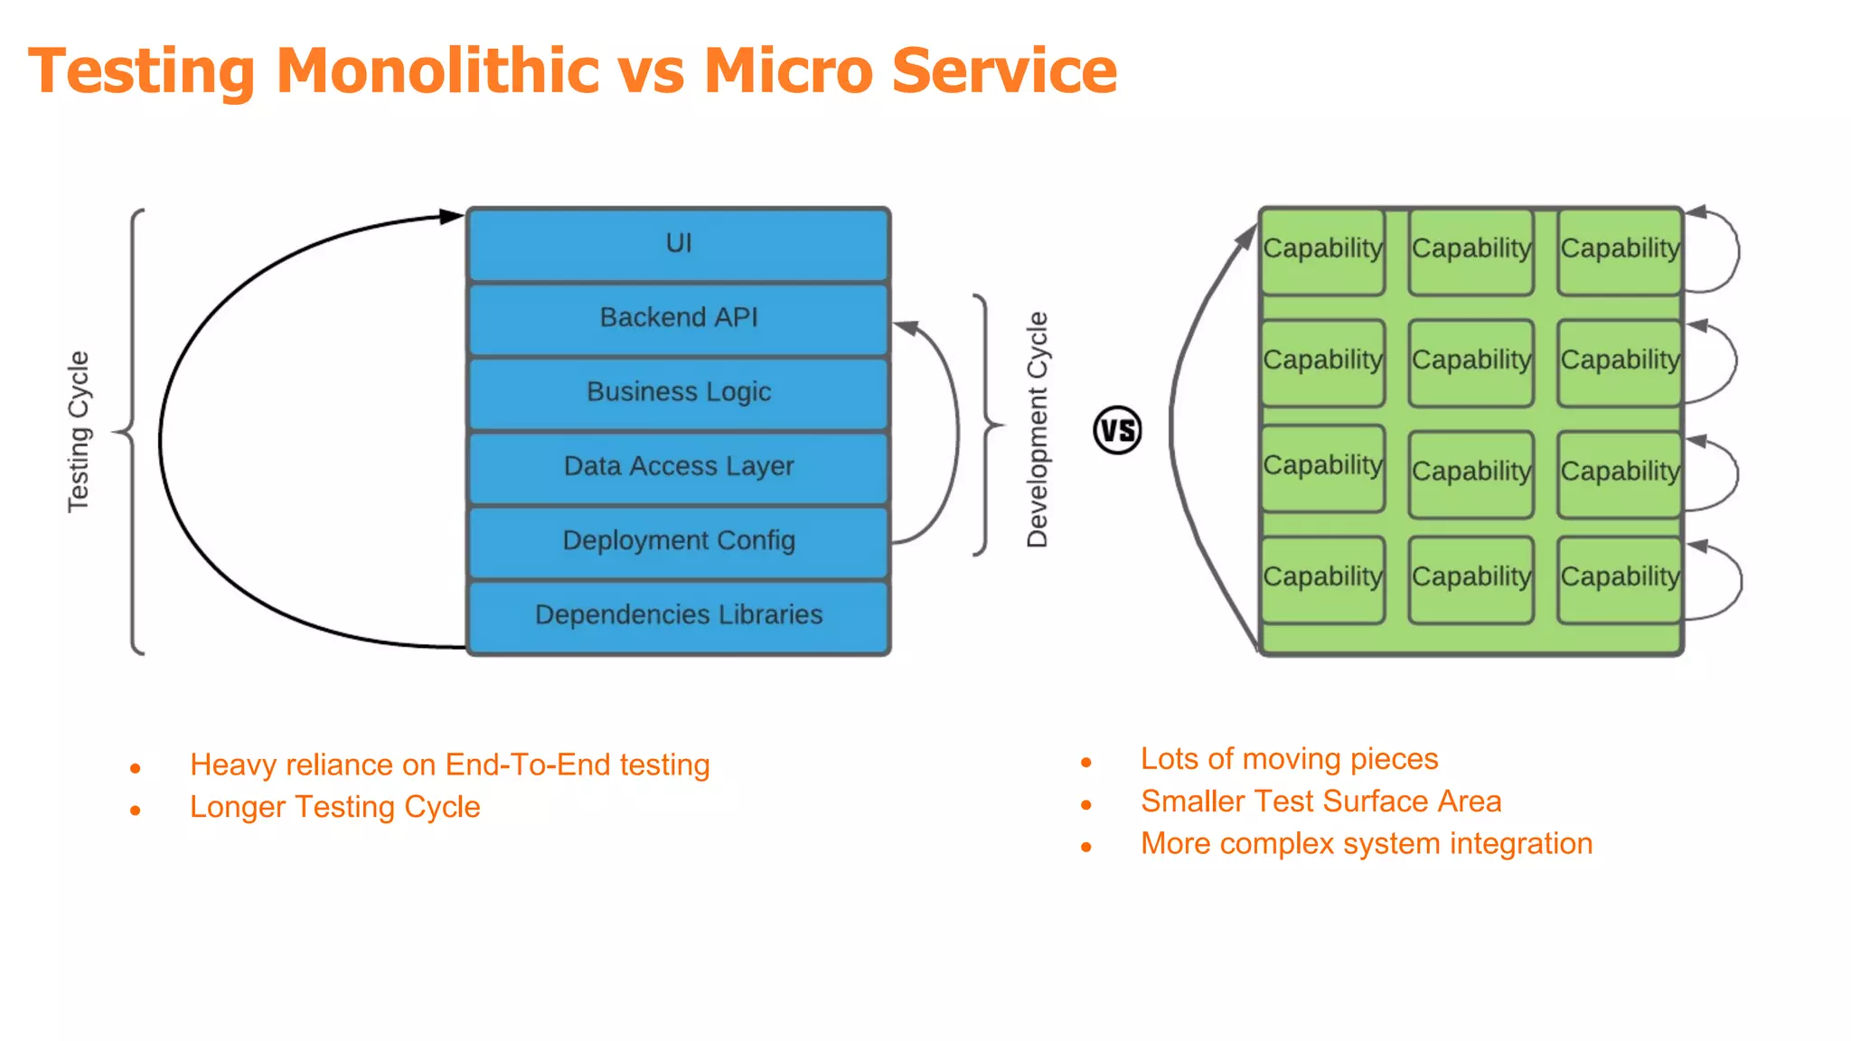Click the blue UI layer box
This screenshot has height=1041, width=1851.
tap(678, 244)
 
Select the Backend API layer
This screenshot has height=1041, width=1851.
tap(678, 318)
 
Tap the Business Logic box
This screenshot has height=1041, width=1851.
tap(678, 392)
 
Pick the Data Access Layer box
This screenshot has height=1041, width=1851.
tap(678, 466)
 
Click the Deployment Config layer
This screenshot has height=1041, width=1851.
tap(678, 540)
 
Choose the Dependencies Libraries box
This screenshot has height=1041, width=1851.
tap(678, 615)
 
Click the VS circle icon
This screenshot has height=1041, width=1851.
tap(1117, 430)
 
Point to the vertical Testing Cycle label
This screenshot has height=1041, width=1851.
tap(80, 432)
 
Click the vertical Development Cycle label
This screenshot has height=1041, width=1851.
tap(1038, 430)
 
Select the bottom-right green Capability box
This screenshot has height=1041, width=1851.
tap(1620, 578)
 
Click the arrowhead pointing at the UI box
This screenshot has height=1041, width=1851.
tap(451, 216)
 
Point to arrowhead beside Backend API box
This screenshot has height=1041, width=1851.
tap(907, 327)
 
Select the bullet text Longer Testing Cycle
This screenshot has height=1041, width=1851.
tap(334, 807)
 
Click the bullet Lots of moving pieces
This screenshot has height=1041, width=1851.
tap(1289, 759)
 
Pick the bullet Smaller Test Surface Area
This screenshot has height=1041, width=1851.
tap(1320, 802)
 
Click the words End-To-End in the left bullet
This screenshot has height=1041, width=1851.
tap(528, 765)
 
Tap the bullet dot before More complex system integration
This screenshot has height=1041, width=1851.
tap(1086, 847)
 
